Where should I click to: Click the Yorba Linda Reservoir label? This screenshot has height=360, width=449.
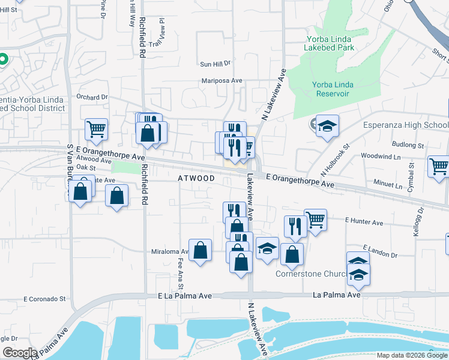pos(331,89)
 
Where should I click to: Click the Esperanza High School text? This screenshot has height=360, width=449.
pos(406,125)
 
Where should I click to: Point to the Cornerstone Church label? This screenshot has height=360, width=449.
pos(311,274)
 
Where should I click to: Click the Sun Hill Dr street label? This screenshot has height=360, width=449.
pos(215,63)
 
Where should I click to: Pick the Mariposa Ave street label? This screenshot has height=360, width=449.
pos(221,80)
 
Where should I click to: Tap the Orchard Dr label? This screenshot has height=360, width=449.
pos(91,97)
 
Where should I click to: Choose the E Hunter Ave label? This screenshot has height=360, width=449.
pos(364,222)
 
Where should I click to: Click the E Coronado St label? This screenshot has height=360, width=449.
pos(44,298)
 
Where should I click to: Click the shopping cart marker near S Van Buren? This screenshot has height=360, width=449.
pos(96,128)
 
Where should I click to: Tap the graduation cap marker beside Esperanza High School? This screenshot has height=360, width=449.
pos(327,126)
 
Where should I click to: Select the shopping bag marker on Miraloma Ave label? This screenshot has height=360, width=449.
pos(200,250)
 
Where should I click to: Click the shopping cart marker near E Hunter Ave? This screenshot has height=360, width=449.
pos(315,220)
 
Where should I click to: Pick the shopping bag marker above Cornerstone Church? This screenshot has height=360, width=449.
pos(292,254)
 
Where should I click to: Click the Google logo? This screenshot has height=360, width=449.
pos(19,353)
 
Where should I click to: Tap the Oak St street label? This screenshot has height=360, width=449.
pos(86,169)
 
